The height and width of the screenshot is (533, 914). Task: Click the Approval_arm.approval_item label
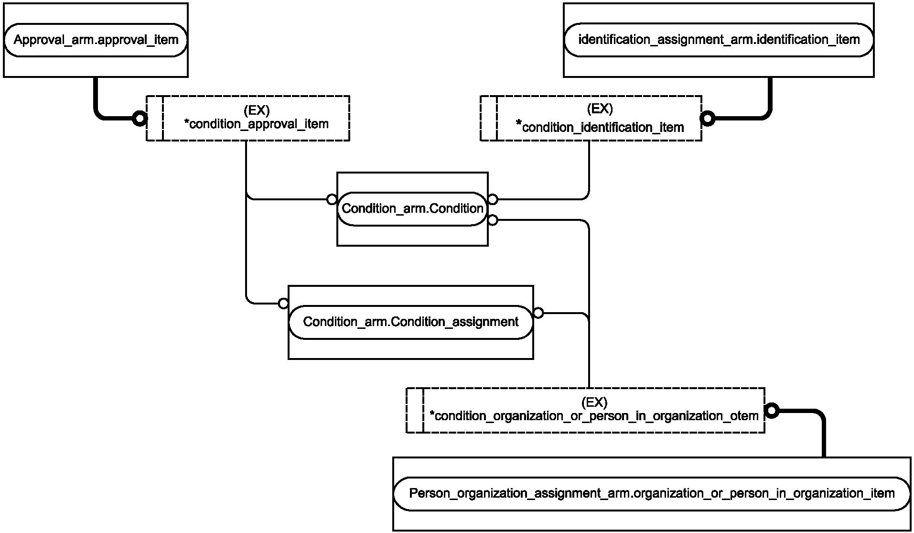(x=96, y=40)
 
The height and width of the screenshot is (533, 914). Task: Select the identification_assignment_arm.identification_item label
(x=719, y=40)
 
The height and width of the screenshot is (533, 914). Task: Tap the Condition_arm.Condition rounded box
(x=412, y=209)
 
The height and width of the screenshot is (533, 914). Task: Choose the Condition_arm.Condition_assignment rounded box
(x=411, y=322)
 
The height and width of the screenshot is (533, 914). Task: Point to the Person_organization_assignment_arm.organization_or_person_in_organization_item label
(x=652, y=493)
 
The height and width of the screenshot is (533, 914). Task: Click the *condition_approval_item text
(x=256, y=124)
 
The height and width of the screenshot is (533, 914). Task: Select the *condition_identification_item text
(x=600, y=127)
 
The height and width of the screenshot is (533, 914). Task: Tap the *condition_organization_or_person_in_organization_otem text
(x=594, y=416)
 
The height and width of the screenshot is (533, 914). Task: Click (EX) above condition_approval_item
(x=257, y=110)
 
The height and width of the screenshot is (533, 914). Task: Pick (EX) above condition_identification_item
(x=600, y=109)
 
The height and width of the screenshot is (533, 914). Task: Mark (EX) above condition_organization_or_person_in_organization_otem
(x=594, y=402)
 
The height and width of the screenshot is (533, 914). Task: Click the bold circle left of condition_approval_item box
(x=140, y=118)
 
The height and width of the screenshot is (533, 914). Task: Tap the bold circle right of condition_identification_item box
(x=708, y=118)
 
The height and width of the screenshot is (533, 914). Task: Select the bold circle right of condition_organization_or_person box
(x=772, y=411)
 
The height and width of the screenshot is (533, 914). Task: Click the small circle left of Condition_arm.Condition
(x=332, y=199)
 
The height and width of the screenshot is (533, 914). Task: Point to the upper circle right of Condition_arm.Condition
(x=493, y=199)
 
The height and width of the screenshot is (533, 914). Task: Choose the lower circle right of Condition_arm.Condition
(x=493, y=220)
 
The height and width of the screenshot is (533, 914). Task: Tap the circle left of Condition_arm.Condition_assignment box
(x=283, y=304)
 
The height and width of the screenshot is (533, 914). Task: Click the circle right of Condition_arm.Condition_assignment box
(x=538, y=313)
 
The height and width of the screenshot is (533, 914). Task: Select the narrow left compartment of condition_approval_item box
(x=155, y=118)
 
